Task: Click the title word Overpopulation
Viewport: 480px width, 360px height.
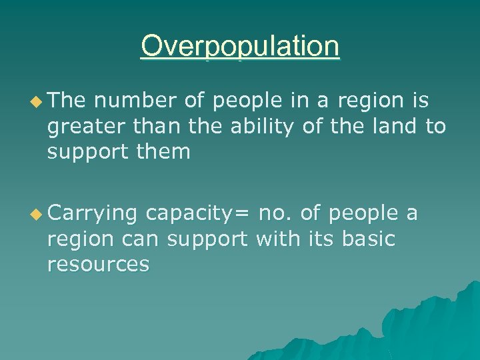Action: [x=240, y=47]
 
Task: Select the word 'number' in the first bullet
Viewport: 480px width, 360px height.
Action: [x=134, y=101]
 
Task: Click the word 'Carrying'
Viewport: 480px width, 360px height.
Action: [x=93, y=214]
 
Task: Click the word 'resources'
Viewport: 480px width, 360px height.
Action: [x=98, y=264]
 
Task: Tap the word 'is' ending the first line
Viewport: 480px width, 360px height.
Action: [x=420, y=101]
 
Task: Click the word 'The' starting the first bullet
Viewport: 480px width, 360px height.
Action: [x=67, y=101]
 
